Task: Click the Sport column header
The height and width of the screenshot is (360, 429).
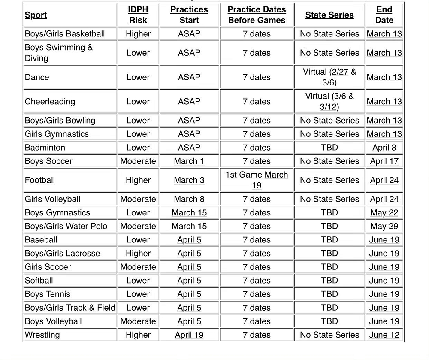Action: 36,15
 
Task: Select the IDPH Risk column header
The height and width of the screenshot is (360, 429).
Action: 138,15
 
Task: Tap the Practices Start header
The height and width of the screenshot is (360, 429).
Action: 189,15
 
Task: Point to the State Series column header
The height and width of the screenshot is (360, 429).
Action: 329,15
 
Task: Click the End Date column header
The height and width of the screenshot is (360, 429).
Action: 384,15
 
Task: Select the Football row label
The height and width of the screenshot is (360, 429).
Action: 40,180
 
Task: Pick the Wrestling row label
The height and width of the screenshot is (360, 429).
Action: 42,335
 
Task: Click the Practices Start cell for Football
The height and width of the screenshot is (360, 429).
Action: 189,180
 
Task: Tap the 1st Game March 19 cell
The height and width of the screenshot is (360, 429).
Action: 257,180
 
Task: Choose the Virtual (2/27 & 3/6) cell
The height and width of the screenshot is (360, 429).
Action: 329,77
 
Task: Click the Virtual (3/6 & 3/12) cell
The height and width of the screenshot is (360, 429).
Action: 329,102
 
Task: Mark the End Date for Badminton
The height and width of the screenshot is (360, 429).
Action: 384,148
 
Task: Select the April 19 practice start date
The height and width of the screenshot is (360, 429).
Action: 189,335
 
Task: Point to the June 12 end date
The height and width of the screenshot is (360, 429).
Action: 384,335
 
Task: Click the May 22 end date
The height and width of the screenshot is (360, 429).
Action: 384,213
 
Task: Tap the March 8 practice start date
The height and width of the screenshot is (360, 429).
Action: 189,199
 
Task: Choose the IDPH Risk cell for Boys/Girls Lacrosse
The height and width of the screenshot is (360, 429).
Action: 138,254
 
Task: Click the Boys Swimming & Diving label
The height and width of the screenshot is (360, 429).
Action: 59,53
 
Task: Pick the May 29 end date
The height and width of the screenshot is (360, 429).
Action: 384,226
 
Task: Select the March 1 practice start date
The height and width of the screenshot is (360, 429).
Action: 189,161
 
